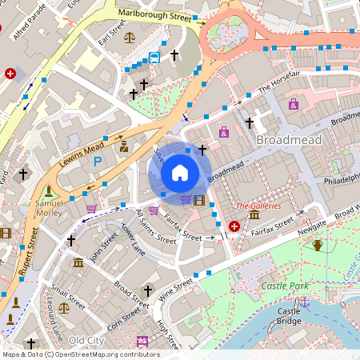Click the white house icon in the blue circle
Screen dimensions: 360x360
tap(180, 172)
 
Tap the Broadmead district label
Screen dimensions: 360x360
tap(288, 140)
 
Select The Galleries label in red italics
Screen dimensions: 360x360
tap(258, 206)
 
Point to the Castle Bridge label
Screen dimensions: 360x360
tap(288, 316)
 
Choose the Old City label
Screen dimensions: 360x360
tap(86, 341)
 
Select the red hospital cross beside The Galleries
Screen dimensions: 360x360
tap(234, 227)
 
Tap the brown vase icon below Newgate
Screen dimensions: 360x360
tap(318, 245)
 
